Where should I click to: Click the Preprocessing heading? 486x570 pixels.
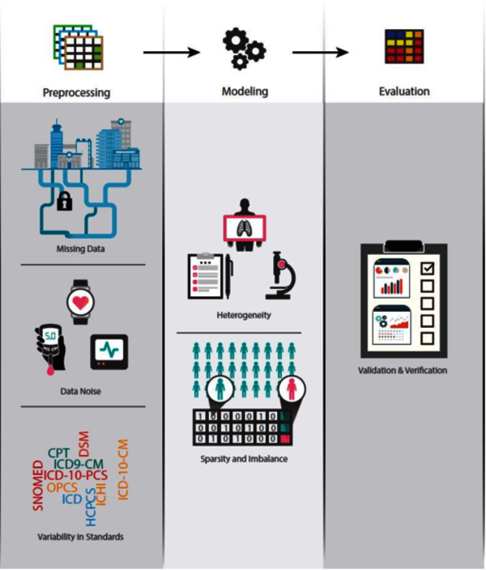[76, 92]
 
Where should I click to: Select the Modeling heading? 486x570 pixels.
[245, 91]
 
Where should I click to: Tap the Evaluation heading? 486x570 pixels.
[403, 91]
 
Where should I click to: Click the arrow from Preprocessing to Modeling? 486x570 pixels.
[171, 53]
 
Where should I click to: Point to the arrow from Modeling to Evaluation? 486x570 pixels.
[320, 53]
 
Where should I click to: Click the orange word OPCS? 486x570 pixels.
[63, 487]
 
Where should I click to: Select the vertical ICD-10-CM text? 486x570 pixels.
[124, 470]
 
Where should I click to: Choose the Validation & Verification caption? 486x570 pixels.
[403, 371]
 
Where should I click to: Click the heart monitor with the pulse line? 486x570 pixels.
[109, 349]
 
